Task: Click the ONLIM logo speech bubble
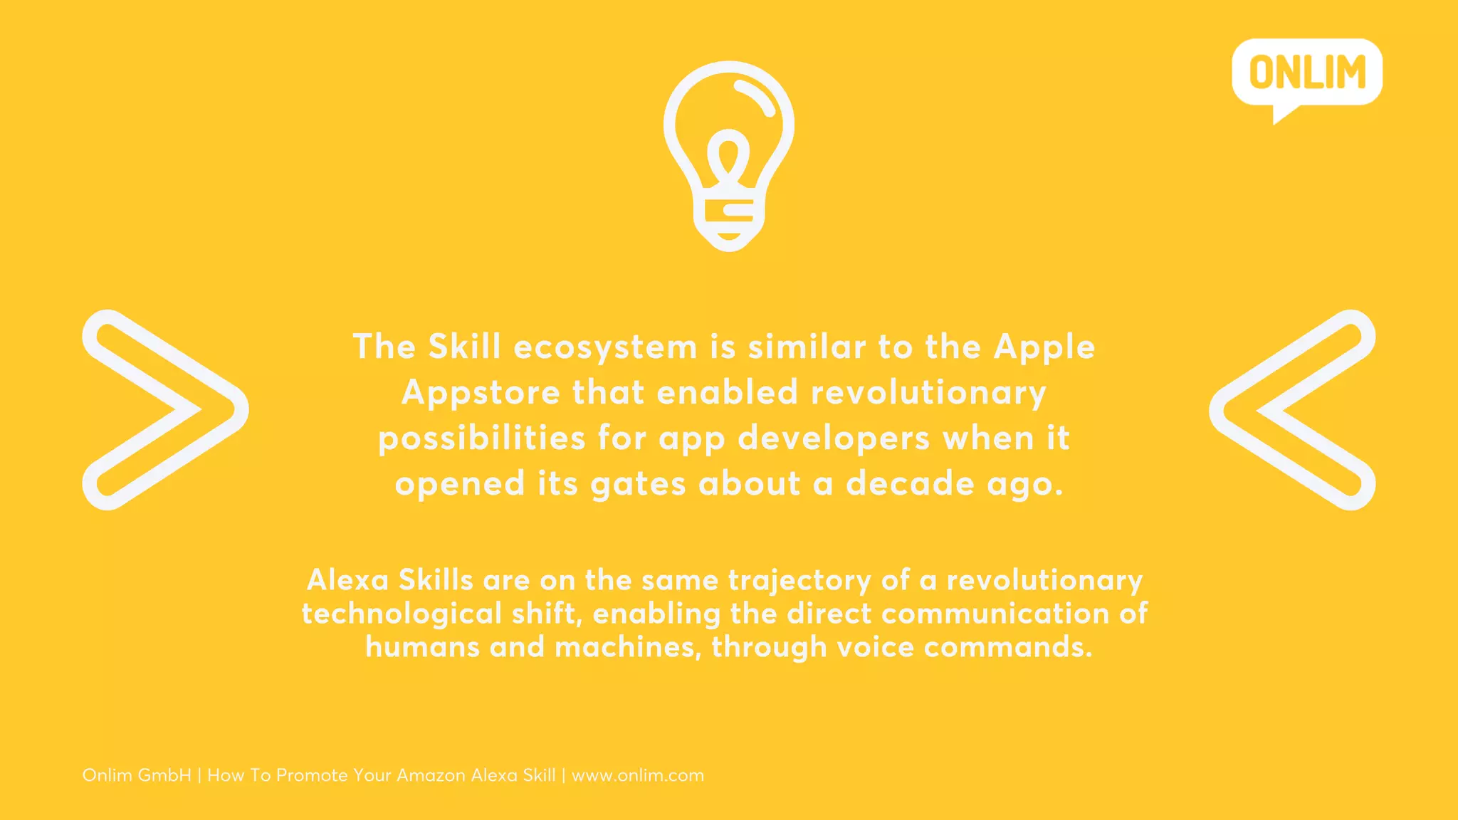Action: click(x=1307, y=73)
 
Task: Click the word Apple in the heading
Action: click(x=1044, y=347)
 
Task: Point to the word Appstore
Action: click(x=481, y=393)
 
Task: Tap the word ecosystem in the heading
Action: click(x=605, y=347)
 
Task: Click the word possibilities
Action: click(x=481, y=438)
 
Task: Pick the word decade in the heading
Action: click(x=910, y=484)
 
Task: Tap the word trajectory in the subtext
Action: click(x=799, y=581)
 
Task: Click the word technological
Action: click(x=402, y=614)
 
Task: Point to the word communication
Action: click(x=995, y=614)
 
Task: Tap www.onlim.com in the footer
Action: click(x=638, y=775)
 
